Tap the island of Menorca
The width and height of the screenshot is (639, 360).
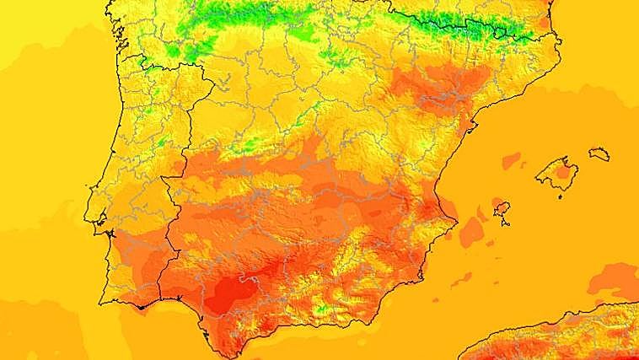599,153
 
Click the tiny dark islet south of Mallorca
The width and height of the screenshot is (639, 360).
560,197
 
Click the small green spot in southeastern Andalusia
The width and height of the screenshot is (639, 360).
320,309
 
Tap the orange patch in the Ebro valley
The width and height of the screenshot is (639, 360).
422,84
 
